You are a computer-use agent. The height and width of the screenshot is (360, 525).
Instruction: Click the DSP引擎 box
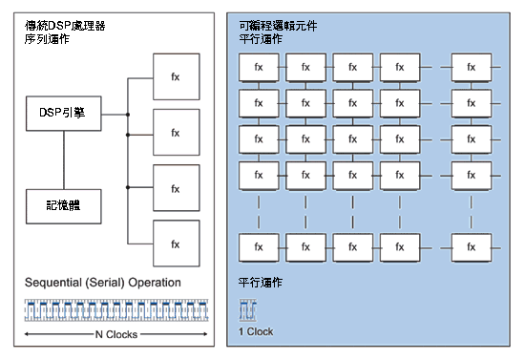pyautogui.click(x=64, y=114)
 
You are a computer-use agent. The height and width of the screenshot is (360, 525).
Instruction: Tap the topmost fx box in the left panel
pyautogui.click(x=175, y=75)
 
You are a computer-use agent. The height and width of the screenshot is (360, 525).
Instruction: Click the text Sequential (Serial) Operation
pyautogui.click(x=103, y=283)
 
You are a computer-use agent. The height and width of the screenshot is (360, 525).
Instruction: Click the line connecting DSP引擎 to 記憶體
pyautogui.click(x=64, y=160)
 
